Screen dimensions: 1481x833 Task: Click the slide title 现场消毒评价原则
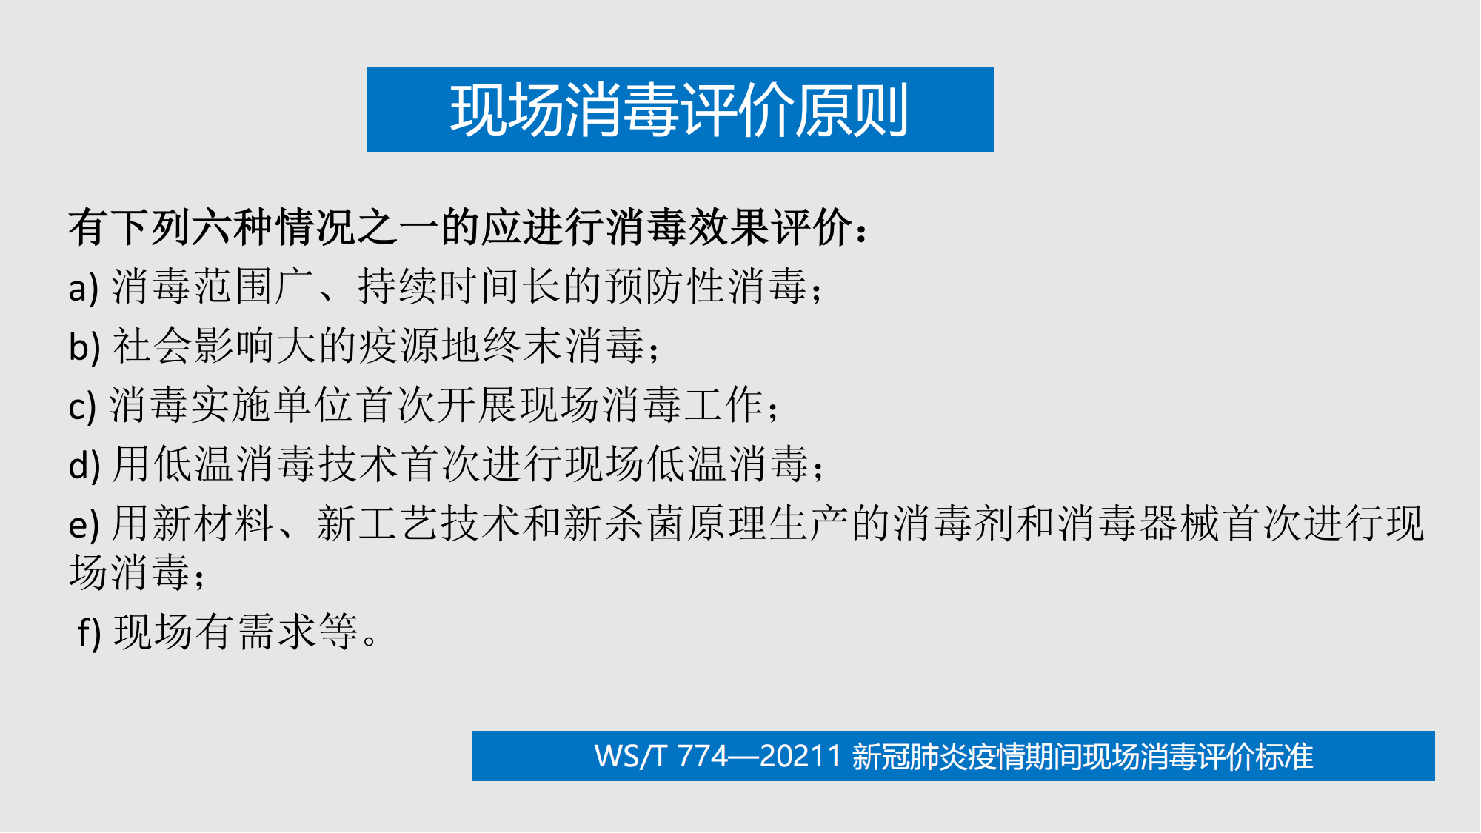(679, 110)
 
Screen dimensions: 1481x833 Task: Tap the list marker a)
(83, 288)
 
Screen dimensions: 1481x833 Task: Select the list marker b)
(84, 346)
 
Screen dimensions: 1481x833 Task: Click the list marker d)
(84, 465)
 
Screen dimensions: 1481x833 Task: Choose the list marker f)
(89, 632)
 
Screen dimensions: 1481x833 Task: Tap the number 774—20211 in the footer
(759, 757)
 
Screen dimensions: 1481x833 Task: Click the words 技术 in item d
(360, 465)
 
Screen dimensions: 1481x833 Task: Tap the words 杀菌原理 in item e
(686, 524)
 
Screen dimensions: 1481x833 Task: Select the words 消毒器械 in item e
(1140, 524)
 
